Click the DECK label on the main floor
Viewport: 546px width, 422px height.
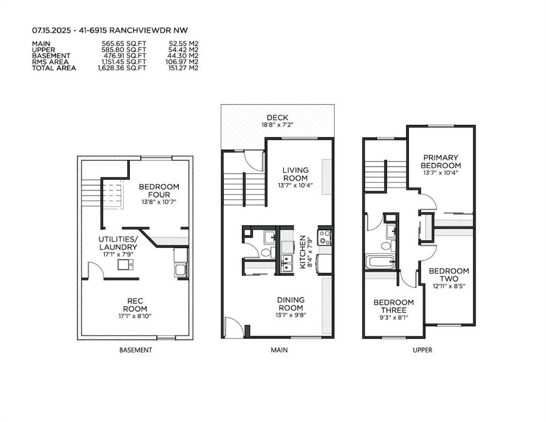click(x=278, y=118)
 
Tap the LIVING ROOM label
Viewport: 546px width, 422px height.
click(x=295, y=174)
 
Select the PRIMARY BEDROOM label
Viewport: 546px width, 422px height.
click(x=440, y=162)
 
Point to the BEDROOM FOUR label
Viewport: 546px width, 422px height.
click(x=159, y=190)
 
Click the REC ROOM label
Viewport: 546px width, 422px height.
click(x=135, y=305)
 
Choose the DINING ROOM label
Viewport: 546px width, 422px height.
click(x=291, y=304)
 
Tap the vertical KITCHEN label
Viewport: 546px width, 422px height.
click(x=302, y=252)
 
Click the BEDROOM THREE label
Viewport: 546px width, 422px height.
click(x=394, y=306)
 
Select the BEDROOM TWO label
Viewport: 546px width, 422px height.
click(x=449, y=275)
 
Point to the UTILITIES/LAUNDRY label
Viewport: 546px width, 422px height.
click(x=118, y=243)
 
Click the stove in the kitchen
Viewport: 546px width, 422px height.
click(x=325, y=237)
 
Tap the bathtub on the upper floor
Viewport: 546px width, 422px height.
click(x=380, y=262)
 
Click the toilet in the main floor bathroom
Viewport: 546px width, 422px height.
click(x=266, y=252)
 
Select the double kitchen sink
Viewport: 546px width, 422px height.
click(x=287, y=263)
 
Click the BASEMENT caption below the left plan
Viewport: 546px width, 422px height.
click(x=135, y=350)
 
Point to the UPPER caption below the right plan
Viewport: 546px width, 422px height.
click(x=422, y=350)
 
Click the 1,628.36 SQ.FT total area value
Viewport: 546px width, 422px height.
click(x=122, y=68)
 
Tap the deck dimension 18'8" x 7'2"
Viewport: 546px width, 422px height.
click(x=278, y=125)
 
